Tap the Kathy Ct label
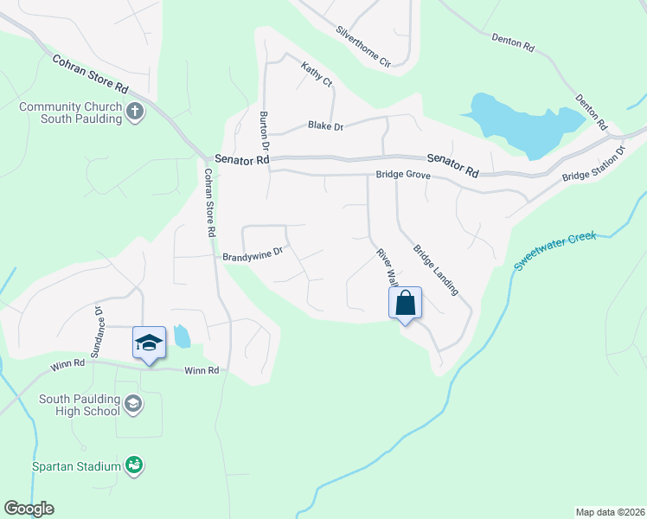(x=316, y=74)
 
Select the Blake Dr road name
(x=325, y=126)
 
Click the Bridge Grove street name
(x=402, y=175)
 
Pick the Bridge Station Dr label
(x=593, y=164)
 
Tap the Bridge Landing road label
(x=435, y=270)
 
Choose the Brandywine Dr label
(x=253, y=256)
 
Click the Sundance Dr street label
(x=98, y=331)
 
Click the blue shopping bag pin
(x=405, y=304)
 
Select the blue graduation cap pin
(x=149, y=343)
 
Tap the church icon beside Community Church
(x=134, y=112)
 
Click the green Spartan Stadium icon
(x=133, y=466)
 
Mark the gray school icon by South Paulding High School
(x=133, y=403)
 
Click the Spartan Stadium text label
(x=77, y=467)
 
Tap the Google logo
(x=29, y=509)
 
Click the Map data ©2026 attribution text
(x=610, y=511)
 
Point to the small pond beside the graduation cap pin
(x=181, y=336)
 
